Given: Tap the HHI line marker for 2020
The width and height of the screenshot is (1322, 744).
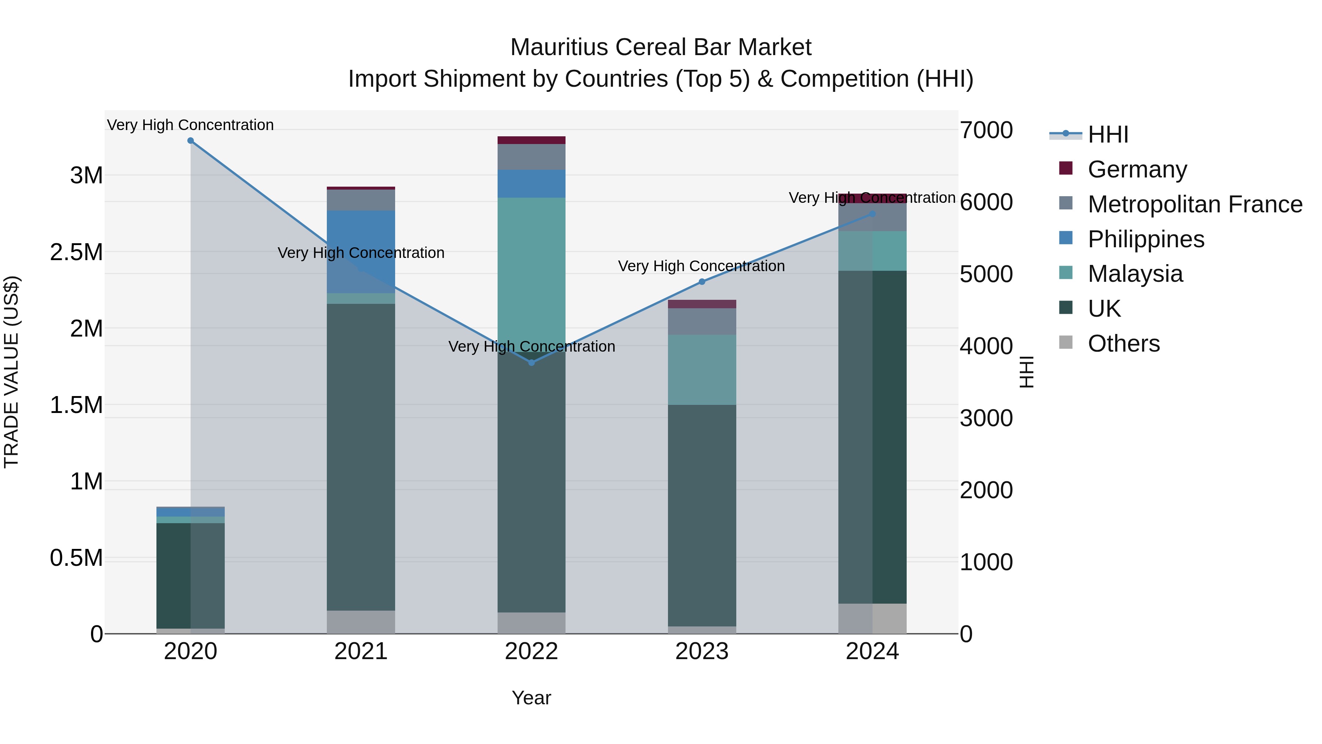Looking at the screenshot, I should pyautogui.click(x=190, y=141).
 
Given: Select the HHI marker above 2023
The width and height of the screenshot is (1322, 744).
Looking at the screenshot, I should pyautogui.click(x=702, y=282).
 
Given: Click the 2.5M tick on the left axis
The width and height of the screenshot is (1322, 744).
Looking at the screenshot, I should pyautogui.click(x=76, y=252).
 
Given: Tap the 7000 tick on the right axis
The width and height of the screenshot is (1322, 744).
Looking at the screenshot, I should pyautogui.click(x=986, y=130).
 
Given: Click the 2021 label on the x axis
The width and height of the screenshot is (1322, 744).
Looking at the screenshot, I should pyautogui.click(x=361, y=651).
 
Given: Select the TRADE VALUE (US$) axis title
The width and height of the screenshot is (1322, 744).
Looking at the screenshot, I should pyautogui.click(x=11, y=372).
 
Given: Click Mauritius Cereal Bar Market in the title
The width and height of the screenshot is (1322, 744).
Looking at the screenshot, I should pyautogui.click(x=661, y=47).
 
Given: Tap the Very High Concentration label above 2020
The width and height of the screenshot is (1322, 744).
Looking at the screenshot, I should pyautogui.click(x=190, y=125).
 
